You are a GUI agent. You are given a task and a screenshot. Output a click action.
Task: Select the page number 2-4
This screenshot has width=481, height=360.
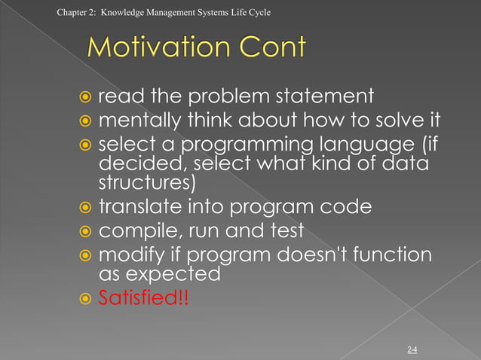point(412,349)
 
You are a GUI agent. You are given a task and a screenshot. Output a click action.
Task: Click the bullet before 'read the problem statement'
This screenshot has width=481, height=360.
point(86,97)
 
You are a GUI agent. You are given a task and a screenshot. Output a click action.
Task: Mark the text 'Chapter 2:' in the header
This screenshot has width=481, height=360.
point(75,12)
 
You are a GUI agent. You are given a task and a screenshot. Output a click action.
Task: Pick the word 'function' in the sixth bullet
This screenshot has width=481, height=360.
point(394,255)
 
